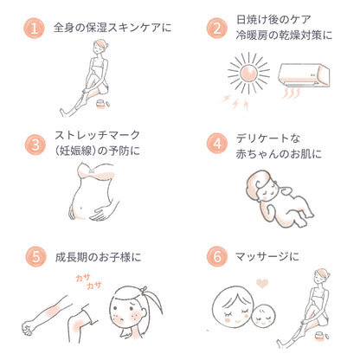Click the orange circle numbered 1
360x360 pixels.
(x=34, y=29)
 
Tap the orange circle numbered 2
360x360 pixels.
(x=217, y=29)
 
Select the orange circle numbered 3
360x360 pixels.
(x=35, y=145)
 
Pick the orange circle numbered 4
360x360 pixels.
(x=217, y=144)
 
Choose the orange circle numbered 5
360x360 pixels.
(x=35, y=256)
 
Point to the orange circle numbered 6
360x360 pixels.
(x=217, y=256)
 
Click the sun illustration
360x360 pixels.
(x=248, y=74)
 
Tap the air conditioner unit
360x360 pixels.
(x=304, y=75)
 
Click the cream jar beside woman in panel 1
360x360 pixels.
(x=100, y=104)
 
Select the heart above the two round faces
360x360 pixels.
(x=262, y=283)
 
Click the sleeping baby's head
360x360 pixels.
(x=260, y=186)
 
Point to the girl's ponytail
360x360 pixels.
(x=153, y=301)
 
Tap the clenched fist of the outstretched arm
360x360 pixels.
(x=28, y=327)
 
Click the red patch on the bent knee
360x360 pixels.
(x=77, y=325)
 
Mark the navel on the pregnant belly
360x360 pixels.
(x=81, y=208)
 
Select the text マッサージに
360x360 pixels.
(x=267, y=256)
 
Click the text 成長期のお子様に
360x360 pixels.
(x=98, y=257)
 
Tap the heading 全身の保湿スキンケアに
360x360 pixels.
(x=112, y=28)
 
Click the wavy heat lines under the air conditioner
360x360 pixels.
(x=292, y=93)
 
